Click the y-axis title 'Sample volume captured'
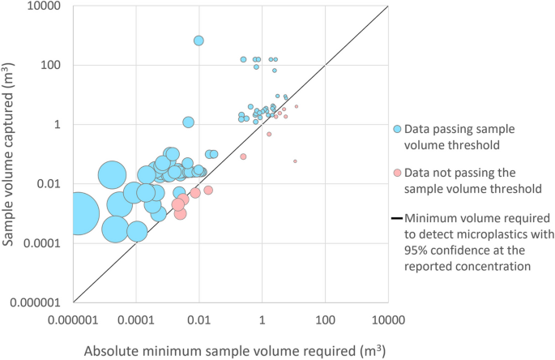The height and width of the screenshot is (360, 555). pyautogui.click(x=11, y=151)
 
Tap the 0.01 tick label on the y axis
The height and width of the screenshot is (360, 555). pyautogui.click(x=55, y=183)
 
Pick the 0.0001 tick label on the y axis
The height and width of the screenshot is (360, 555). pyautogui.click(x=50, y=242)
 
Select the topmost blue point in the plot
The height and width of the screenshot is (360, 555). pyautogui.click(x=199, y=41)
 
